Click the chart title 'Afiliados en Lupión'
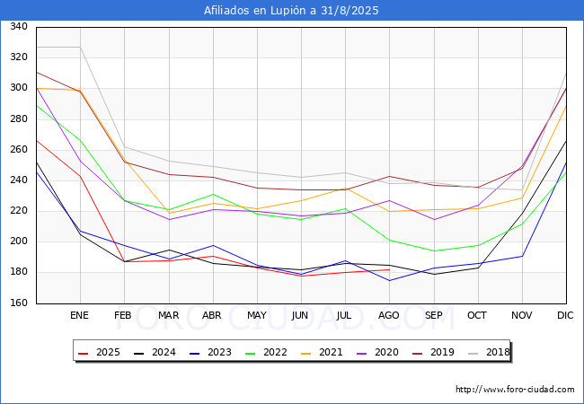coord(291,11)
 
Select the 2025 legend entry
coord(99,352)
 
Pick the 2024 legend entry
coord(155,352)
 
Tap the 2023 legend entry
coord(210,352)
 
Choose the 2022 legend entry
coord(266,352)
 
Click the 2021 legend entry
coord(322,352)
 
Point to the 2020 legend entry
coord(377,352)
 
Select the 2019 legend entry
coord(433,352)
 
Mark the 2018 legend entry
coord(489,352)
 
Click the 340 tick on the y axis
coord(19,26)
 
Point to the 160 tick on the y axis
coord(19,303)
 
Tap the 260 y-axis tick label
coord(19,149)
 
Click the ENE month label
coord(79,315)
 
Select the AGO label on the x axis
coord(389,315)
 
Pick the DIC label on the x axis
coord(565,315)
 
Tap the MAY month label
coord(257,315)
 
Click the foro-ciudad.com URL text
coord(515,390)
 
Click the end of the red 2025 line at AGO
coord(389,269)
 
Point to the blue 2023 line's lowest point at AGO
coord(389,280)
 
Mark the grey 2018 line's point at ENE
coord(81,48)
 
